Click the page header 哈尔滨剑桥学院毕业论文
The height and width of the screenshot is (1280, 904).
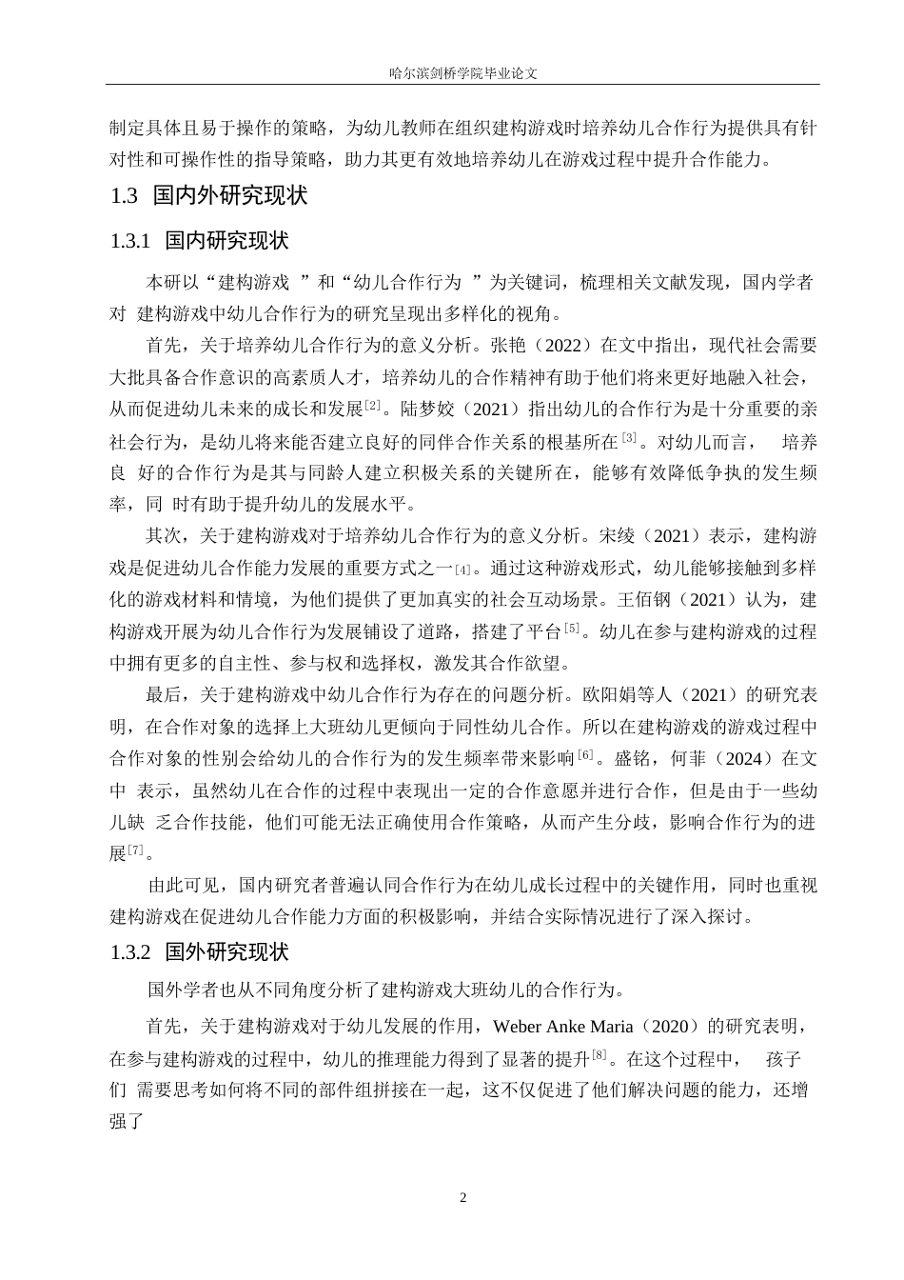(x=463, y=71)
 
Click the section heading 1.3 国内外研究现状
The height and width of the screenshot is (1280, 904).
(x=208, y=196)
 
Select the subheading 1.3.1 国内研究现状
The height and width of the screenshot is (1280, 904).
(x=199, y=241)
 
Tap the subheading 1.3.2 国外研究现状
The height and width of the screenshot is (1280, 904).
(x=199, y=951)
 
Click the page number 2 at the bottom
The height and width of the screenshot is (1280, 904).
(x=463, y=1196)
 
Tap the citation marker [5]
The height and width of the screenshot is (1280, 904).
(x=572, y=628)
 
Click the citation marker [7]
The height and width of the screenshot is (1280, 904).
(x=136, y=850)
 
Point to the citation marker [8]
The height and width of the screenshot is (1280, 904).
(x=599, y=1055)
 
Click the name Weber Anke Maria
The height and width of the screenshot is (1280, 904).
(x=565, y=1027)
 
